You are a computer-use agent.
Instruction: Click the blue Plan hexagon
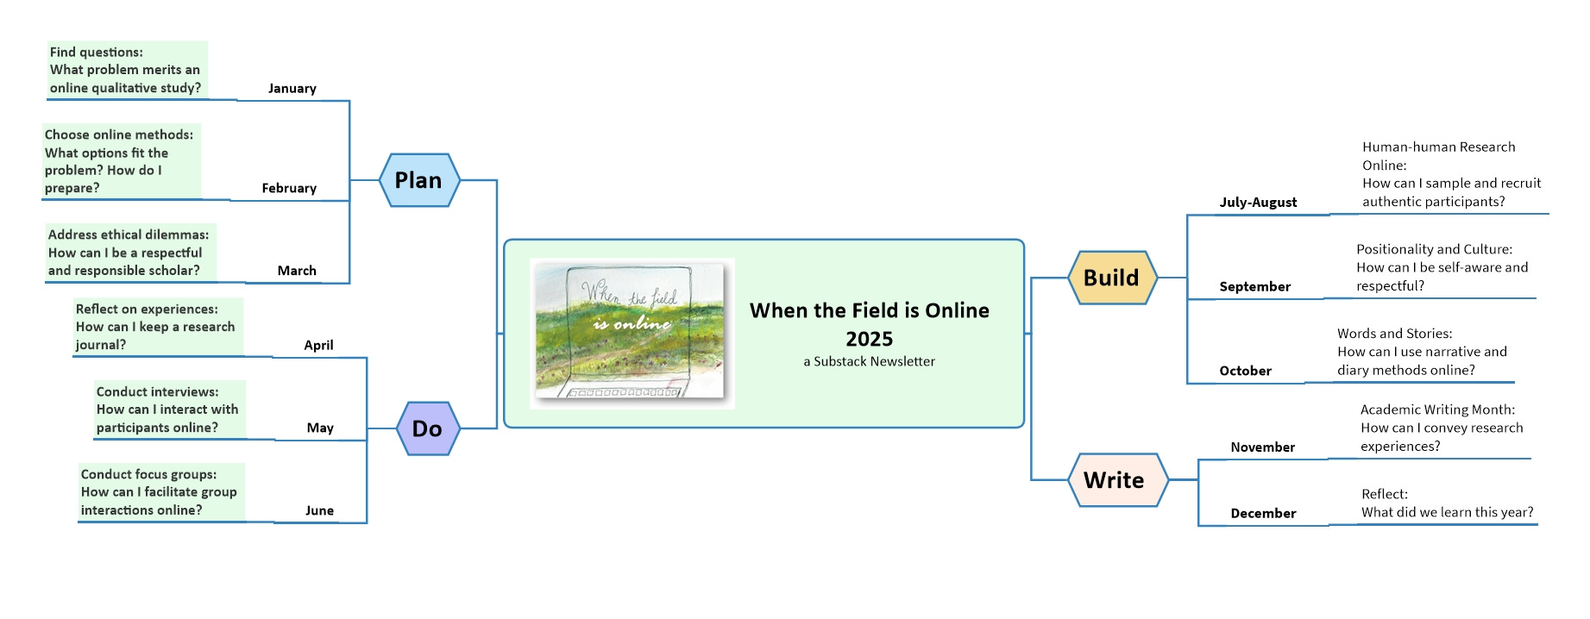coord(419,180)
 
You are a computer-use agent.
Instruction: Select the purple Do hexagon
coord(428,428)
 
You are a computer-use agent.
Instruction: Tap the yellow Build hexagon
coord(1112,278)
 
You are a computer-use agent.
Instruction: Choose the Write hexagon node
coord(1114,480)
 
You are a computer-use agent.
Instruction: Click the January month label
coord(292,89)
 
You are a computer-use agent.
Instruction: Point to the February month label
coord(289,188)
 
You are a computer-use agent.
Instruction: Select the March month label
coord(297,271)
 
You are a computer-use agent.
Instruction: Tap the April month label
coord(318,345)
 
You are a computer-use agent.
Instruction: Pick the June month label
coord(319,510)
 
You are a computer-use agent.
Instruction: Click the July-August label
coord(1258,203)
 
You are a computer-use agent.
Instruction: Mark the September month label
coord(1254,287)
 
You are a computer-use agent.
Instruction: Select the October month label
coord(1245,371)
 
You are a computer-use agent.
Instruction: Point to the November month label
coord(1262,447)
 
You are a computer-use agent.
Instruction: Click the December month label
coord(1263,513)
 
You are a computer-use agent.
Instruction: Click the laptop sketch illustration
coord(632,333)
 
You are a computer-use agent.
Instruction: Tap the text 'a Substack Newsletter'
coord(869,361)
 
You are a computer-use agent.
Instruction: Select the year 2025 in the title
coord(869,339)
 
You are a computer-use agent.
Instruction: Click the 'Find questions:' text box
coord(127,70)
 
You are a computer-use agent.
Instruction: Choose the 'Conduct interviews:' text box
coord(169,410)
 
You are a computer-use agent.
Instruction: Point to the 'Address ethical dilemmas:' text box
coord(130,253)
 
